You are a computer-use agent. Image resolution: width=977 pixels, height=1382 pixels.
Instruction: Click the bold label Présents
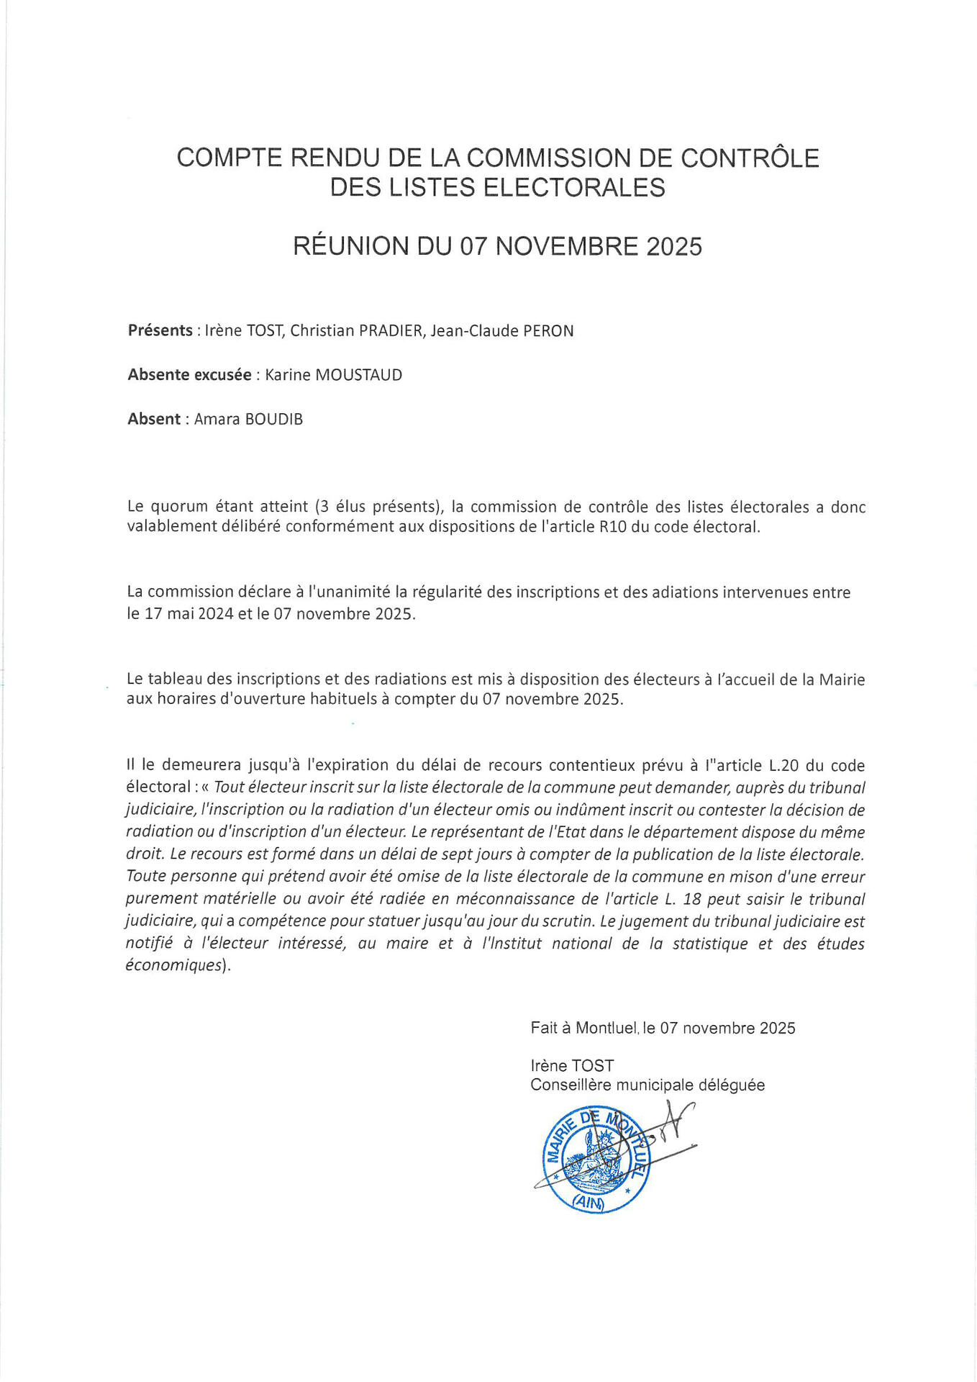pyautogui.click(x=160, y=330)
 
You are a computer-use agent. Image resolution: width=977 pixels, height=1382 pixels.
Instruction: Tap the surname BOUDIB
pyautogui.click(x=274, y=419)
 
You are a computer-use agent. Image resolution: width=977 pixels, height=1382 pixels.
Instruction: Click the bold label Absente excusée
pyautogui.click(x=189, y=375)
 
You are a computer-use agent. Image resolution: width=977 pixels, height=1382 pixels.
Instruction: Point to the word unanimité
pyautogui.click(x=349, y=592)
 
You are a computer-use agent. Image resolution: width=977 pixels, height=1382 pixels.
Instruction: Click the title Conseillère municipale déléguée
pyautogui.click(x=647, y=1085)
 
